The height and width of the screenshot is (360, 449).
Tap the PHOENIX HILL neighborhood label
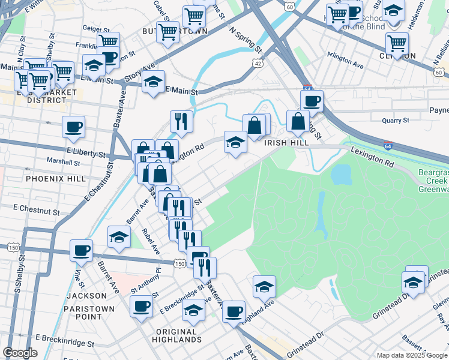(52, 178)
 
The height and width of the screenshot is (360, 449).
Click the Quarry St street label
(396, 120)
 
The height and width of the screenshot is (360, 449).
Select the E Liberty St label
(88, 154)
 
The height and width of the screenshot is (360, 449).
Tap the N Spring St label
(246, 38)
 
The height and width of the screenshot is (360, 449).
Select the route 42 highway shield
(256, 62)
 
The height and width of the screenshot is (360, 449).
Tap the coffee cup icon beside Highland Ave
(234, 311)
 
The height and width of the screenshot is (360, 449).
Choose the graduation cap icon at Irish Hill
(235, 142)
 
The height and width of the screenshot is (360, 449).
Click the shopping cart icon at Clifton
(397, 43)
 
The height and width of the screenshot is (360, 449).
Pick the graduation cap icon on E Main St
(154, 82)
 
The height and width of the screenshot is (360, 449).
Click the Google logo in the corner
(20, 353)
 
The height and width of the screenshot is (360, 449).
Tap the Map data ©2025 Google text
(411, 355)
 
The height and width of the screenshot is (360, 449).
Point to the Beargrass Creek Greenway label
(433, 181)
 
